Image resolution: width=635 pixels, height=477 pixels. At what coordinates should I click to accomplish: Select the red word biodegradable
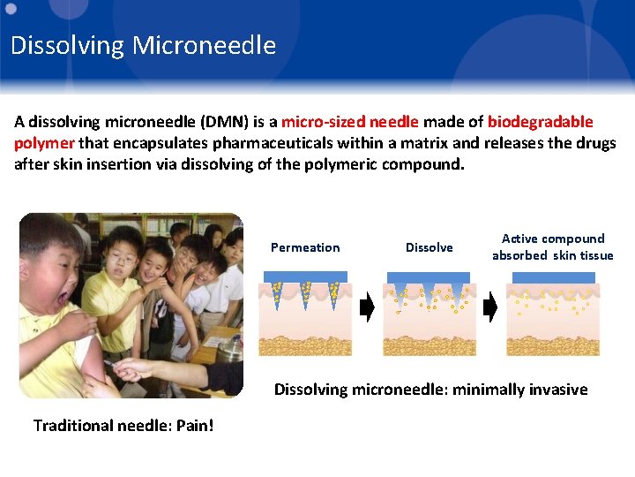point(540,122)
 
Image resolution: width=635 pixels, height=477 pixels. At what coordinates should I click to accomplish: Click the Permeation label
point(305,248)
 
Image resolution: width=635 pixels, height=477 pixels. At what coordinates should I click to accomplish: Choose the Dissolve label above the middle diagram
point(429,248)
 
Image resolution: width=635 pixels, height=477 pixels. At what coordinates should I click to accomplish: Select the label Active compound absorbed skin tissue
point(552,247)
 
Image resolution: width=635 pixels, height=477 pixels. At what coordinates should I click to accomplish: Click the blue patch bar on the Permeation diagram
point(305,276)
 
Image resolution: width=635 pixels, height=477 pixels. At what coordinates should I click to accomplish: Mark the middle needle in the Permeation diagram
point(306,293)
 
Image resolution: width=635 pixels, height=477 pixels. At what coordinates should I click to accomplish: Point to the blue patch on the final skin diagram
point(553,277)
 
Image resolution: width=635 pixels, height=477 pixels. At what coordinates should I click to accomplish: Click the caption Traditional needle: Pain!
point(123,426)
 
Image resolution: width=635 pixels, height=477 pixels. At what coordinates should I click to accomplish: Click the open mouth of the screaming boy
point(63,298)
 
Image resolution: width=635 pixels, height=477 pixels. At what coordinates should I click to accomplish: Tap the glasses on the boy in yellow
point(124,261)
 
